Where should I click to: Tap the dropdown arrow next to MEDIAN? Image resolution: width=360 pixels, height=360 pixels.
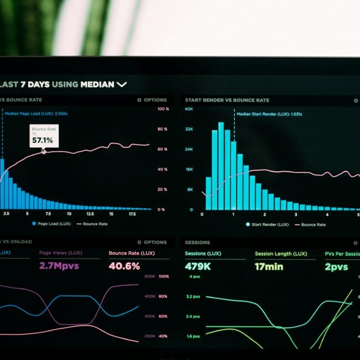pyautogui.click(x=122, y=85)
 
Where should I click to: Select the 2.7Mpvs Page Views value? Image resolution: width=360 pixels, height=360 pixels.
pyautogui.click(x=59, y=266)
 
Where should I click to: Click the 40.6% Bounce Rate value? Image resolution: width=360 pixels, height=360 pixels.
pyautogui.click(x=124, y=266)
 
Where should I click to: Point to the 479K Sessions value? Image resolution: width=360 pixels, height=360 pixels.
pyautogui.click(x=198, y=267)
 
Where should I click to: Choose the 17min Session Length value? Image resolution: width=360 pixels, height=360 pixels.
pyautogui.click(x=269, y=267)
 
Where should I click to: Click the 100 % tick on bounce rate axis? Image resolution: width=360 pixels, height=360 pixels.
pyautogui.click(x=163, y=109)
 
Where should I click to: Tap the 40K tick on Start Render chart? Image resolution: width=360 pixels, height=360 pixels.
pyautogui.click(x=189, y=109)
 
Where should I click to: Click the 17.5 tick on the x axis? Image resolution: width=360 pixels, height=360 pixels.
pyautogui.click(x=132, y=214)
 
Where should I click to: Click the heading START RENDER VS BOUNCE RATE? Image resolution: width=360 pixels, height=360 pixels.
pyautogui.click(x=227, y=100)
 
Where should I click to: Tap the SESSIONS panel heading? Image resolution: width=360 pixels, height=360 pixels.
pyautogui.click(x=197, y=243)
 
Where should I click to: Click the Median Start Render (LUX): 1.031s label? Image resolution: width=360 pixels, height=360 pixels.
pyautogui.click(x=269, y=114)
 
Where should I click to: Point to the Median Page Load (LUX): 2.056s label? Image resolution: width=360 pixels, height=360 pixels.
pyautogui.click(x=36, y=114)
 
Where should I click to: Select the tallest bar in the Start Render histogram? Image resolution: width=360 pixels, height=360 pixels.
pyautogui.click(x=220, y=166)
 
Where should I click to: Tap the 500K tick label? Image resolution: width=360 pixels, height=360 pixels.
pyautogui.click(x=150, y=276)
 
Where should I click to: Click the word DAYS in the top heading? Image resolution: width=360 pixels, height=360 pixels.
pyautogui.click(x=39, y=85)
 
